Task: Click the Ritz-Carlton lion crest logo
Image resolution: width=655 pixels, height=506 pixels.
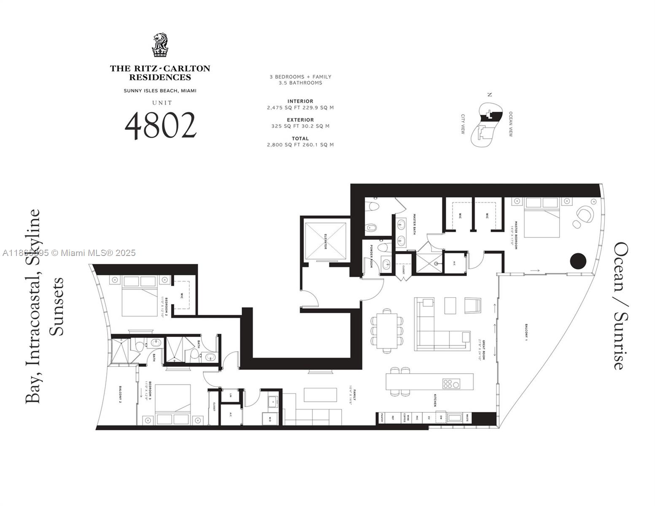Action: (x=160, y=45)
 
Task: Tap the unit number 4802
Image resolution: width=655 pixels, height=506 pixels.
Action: (x=161, y=126)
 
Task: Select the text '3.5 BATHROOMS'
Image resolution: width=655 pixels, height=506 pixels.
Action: (x=300, y=83)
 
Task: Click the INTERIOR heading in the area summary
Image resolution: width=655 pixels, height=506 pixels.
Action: (x=300, y=101)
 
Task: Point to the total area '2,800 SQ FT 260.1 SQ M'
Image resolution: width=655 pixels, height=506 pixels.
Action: (x=300, y=145)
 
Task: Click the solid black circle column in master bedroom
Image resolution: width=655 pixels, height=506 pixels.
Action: (x=578, y=261)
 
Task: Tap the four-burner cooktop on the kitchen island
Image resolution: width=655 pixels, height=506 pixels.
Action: (x=451, y=384)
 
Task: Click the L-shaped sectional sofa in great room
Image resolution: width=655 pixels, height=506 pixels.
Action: (x=439, y=329)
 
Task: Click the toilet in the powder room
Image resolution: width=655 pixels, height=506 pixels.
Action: (x=385, y=247)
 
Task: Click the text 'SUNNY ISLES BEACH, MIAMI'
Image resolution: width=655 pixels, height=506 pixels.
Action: (x=160, y=91)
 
